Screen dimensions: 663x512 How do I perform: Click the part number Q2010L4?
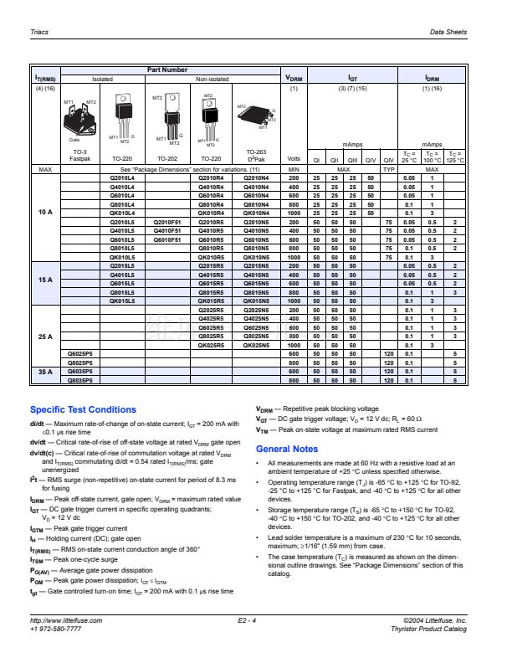pos(122,178)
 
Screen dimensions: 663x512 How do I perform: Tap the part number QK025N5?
pos(256,344)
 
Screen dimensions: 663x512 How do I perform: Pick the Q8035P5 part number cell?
pos(79,381)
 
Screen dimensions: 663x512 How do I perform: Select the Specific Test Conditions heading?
pos(82,409)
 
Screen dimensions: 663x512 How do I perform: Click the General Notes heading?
pos(286,449)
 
